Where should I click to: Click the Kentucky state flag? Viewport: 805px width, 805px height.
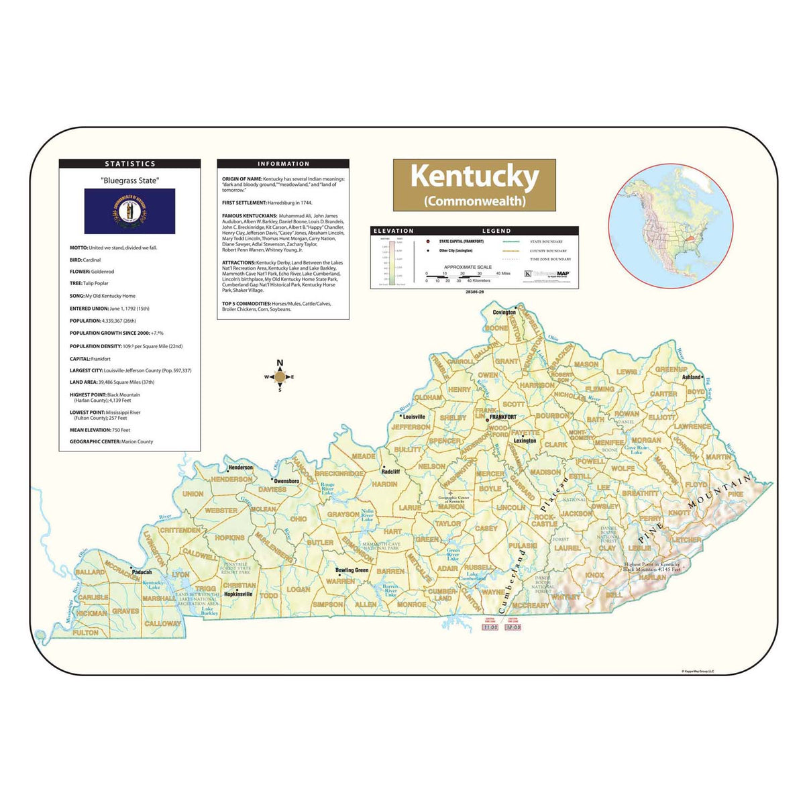[x=129, y=211]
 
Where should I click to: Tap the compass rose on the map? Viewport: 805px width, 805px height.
[x=280, y=377]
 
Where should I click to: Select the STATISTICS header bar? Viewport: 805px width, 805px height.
[x=129, y=164]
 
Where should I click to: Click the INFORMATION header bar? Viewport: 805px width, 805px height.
[x=283, y=164]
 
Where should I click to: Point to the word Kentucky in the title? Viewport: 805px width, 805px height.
[x=474, y=176]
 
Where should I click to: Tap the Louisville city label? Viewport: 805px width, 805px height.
[x=413, y=417]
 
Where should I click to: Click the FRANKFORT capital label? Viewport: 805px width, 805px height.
[x=502, y=417]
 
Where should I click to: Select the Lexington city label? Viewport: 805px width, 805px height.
[x=525, y=441]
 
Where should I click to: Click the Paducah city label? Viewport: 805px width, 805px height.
[x=142, y=572]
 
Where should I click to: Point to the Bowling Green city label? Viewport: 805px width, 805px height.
[x=352, y=570]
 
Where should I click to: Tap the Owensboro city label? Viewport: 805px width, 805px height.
[x=286, y=481]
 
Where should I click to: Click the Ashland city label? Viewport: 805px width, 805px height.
[x=692, y=377]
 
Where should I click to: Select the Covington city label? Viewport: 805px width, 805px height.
[x=504, y=312]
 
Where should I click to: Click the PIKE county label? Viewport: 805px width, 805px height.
[x=735, y=494]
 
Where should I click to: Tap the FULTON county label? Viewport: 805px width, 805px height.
[x=85, y=633]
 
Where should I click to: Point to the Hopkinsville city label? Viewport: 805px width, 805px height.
[x=238, y=594]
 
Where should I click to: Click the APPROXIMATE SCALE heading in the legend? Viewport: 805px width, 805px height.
[x=462, y=267]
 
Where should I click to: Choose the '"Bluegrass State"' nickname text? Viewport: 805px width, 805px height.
[x=129, y=180]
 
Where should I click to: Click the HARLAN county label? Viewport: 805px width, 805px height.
[x=652, y=577]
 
